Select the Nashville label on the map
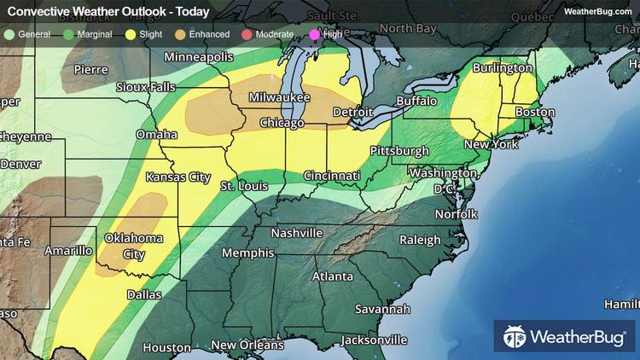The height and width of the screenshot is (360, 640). pyautogui.click(x=296, y=233)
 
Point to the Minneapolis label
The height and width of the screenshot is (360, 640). pyautogui.click(x=200, y=56)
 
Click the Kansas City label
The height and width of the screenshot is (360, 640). pyautogui.click(x=177, y=177)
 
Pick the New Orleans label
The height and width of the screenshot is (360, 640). pyautogui.click(x=247, y=345)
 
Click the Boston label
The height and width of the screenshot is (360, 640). pyautogui.click(x=535, y=113)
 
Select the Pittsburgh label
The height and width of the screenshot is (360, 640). pyautogui.click(x=399, y=151)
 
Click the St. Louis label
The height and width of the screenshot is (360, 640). pyautogui.click(x=244, y=185)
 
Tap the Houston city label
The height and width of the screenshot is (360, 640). pyautogui.click(x=166, y=347)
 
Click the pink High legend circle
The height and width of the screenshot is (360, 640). pyautogui.click(x=313, y=34)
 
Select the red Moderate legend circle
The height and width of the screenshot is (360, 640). pyautogui.click(x=244, y=34)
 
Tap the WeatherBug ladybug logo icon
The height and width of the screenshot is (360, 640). pyautogui.click(x=514, y=335)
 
